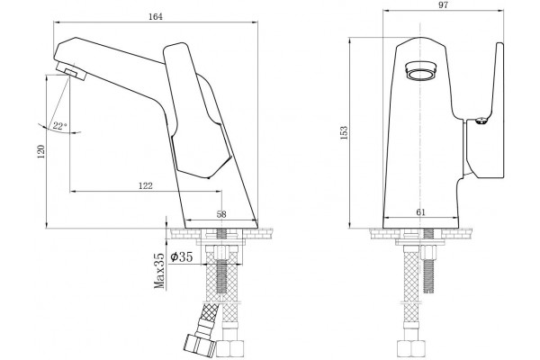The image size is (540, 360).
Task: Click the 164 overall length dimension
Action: tap(156, 17)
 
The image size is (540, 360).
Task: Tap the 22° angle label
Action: tap(59, 126)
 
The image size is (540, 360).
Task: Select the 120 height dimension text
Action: tap(41, 151)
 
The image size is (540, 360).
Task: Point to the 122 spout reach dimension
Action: tap(146, 186)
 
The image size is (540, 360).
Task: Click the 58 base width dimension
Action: tap(221, 214)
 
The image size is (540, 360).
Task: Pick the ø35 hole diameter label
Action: tap(182, 256)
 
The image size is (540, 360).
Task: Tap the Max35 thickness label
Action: tap(159, 271)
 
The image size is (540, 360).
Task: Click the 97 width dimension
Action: tap(443, 5)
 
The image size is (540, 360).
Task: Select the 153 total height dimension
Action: tap(344, 133)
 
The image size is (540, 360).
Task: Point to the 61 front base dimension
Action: tap(421, 212)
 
